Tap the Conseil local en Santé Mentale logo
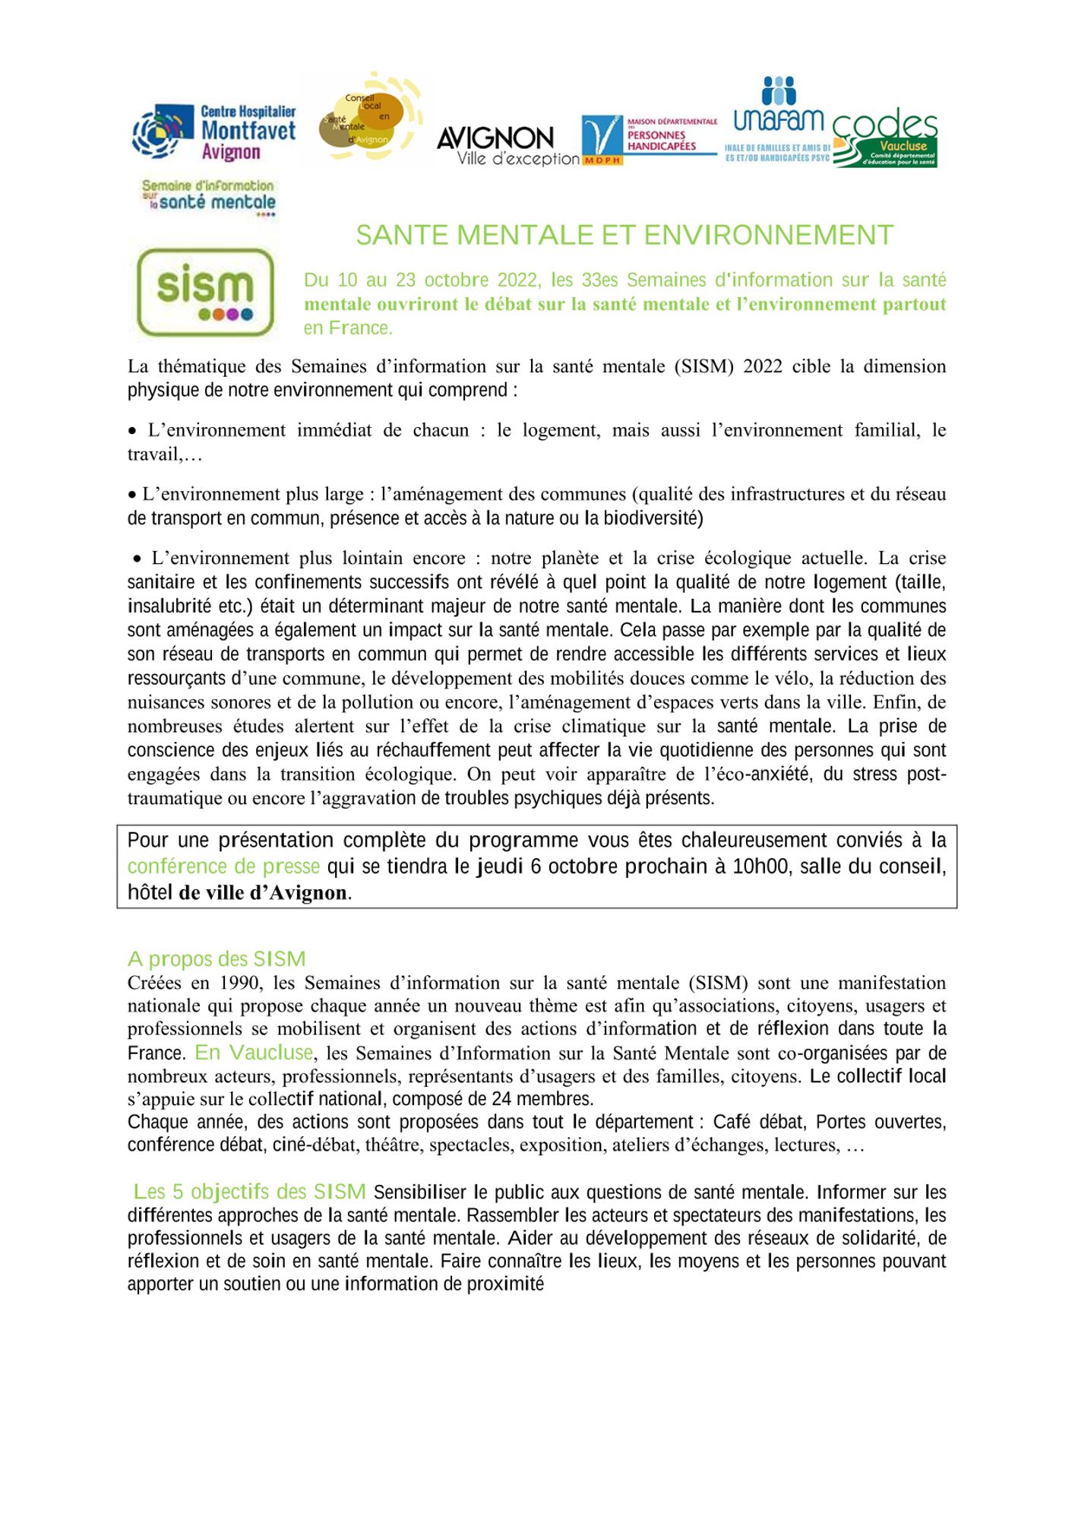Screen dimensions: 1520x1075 tap(367, 119)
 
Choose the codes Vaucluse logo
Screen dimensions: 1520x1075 tap(885, 138)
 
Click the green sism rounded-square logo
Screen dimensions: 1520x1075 tap(204, 293)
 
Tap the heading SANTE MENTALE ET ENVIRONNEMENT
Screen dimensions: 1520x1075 tap(624, 236)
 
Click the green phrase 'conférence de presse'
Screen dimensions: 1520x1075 tap(223, 866)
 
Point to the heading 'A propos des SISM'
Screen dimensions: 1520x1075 tap(217, 959)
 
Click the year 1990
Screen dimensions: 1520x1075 tap(240, 983)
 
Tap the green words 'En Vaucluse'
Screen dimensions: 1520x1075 tap(254, 1053)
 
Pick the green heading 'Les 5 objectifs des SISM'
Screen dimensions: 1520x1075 tap(250, 1192)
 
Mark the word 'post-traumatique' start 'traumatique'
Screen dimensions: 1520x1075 tap(170, 798)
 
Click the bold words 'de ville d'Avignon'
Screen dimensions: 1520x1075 tap(263, 892)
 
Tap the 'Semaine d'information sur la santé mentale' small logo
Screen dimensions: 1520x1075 tap(208, 197)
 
